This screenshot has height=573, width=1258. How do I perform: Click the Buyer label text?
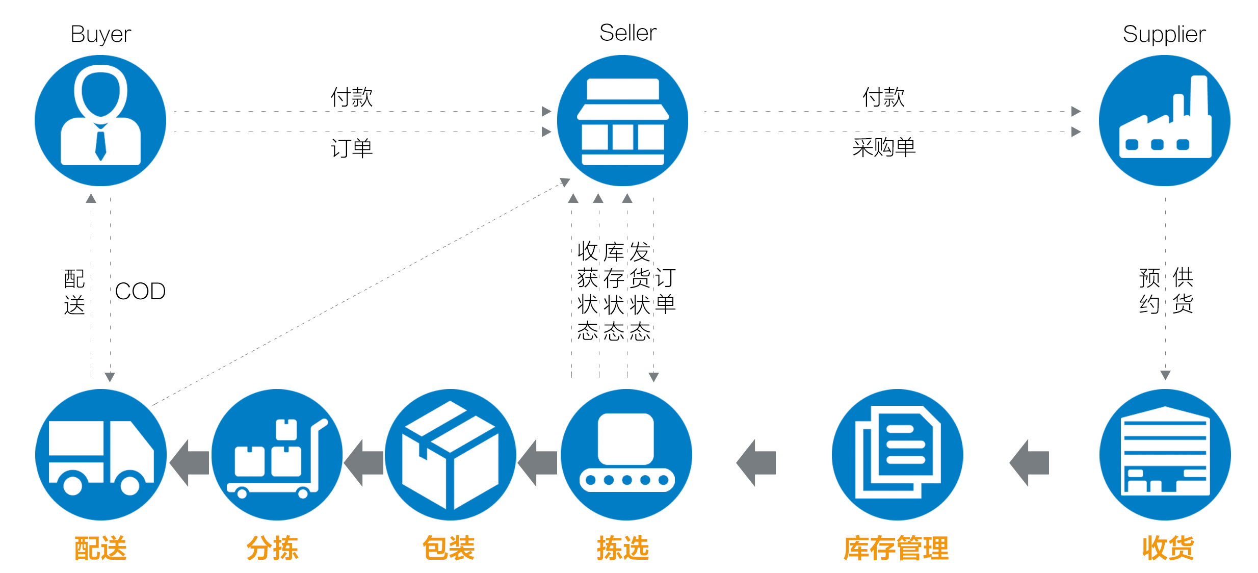click(x=101, y=35)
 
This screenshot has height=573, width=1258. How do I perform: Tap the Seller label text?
click(x=627, y=33)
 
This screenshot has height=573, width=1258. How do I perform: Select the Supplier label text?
click(x=1164, y=35)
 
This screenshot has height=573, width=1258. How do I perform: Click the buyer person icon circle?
click(x=100, y=120)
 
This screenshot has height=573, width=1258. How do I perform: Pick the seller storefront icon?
click(x=622, y=120)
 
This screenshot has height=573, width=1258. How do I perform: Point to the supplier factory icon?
click(x=1165, y=120)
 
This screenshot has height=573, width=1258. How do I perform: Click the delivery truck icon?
click(x=100, y=454)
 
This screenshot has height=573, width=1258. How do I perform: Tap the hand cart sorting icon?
click(x=277, y=454)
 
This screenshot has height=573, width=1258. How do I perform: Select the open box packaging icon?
click(x=450, y=454)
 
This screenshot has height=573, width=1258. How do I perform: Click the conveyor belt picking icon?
click(x=626, y=454)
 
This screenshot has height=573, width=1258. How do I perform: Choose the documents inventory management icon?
click(x=897, y=454)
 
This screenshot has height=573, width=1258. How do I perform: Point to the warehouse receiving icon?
click(x=1165, y=454)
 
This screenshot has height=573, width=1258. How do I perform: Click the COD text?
click(x=140, y=292)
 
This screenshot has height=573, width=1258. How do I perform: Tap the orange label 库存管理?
click(x=896, y=549)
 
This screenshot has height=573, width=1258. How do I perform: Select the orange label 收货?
click(x=1168, y=549)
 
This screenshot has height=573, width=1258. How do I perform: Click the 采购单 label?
click(x=884, y=148)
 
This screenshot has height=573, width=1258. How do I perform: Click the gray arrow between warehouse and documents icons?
click(x=1030, y=462)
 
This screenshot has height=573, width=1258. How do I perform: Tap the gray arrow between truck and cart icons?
click(x=190, y=462)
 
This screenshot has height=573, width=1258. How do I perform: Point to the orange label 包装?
click(x=449, y=549)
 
